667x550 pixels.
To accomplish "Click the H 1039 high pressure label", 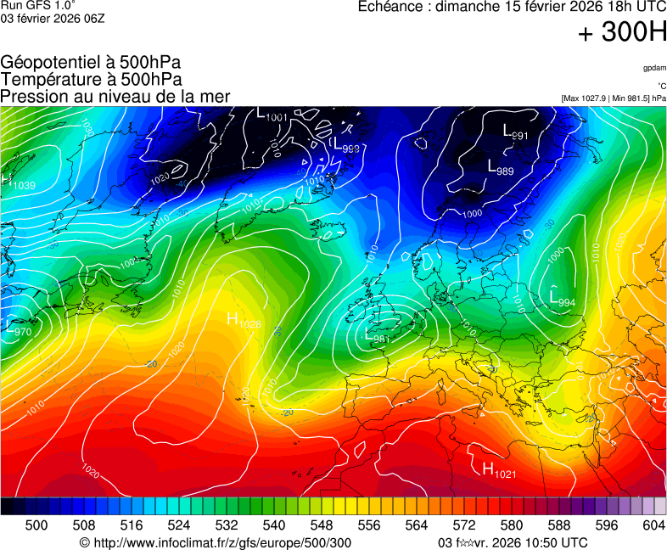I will [20, 182].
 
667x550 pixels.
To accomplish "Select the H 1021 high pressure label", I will [499, 469].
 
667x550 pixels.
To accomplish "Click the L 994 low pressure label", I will [563, 299].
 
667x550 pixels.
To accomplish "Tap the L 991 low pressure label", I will [516, 132].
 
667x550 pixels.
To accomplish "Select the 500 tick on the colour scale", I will [36, 525].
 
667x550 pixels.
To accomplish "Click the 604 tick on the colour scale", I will [653, 525].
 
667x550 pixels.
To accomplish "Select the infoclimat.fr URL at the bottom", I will [215, 542].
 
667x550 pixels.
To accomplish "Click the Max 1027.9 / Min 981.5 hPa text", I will [614, 98].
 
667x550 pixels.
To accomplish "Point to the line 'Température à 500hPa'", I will [91, 79].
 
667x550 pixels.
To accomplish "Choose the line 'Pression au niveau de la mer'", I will [115, 96].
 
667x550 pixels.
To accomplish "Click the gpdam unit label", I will [653, 68].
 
